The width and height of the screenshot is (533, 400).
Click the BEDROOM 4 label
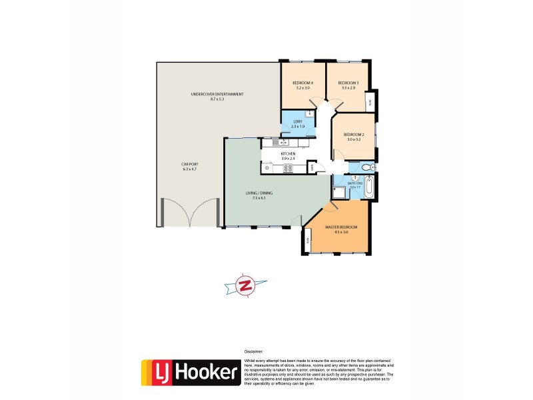[303, 83]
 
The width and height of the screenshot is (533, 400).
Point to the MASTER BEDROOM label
[341, 227]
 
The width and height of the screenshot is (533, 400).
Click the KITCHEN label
[288, 154]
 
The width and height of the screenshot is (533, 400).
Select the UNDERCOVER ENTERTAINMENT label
[217, 95]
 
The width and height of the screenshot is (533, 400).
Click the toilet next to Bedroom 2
[368, 167]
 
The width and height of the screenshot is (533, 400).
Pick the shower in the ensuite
[340, 193]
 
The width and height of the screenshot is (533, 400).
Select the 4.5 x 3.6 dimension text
[341, 233]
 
